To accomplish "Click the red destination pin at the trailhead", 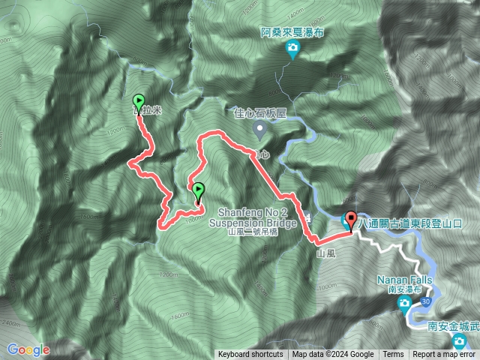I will (x=351, y=219).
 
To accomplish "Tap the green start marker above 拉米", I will (x=139, y=100).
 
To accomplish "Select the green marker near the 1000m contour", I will (x=198, y=190).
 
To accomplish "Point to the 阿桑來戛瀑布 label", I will (x=292, y=33).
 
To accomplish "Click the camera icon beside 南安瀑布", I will (x=404, y=303).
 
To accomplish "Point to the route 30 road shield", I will (x=426, y=301).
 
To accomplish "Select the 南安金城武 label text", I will (x=453, y=326).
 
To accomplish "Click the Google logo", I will (x=28, y=349).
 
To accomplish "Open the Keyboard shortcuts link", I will (x=250, y=355).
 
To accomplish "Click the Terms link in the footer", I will (x=392, y=355).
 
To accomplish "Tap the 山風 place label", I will (x=326, y=255).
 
